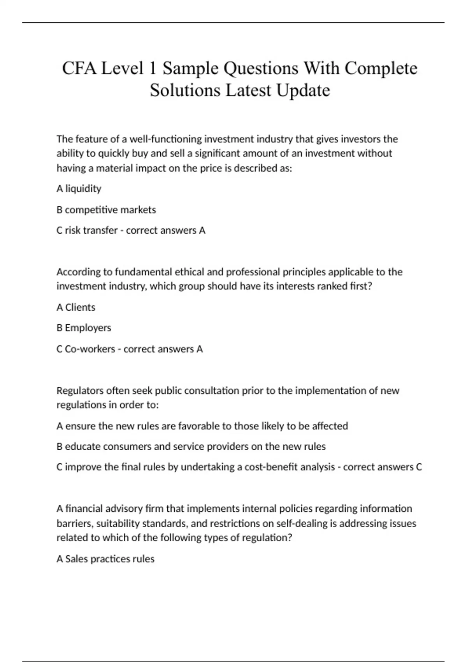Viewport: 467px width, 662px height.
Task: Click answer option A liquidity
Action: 79,189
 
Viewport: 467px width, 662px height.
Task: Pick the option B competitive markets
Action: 106,210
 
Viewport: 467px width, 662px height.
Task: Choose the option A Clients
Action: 76,308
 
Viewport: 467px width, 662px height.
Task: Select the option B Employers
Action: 84,328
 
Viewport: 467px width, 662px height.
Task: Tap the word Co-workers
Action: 90,349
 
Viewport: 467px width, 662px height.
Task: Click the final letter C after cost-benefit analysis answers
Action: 419,467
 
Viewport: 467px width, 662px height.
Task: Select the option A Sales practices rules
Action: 105,559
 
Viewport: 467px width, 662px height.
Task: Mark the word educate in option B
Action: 82,447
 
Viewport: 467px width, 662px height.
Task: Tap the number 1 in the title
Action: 153,69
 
